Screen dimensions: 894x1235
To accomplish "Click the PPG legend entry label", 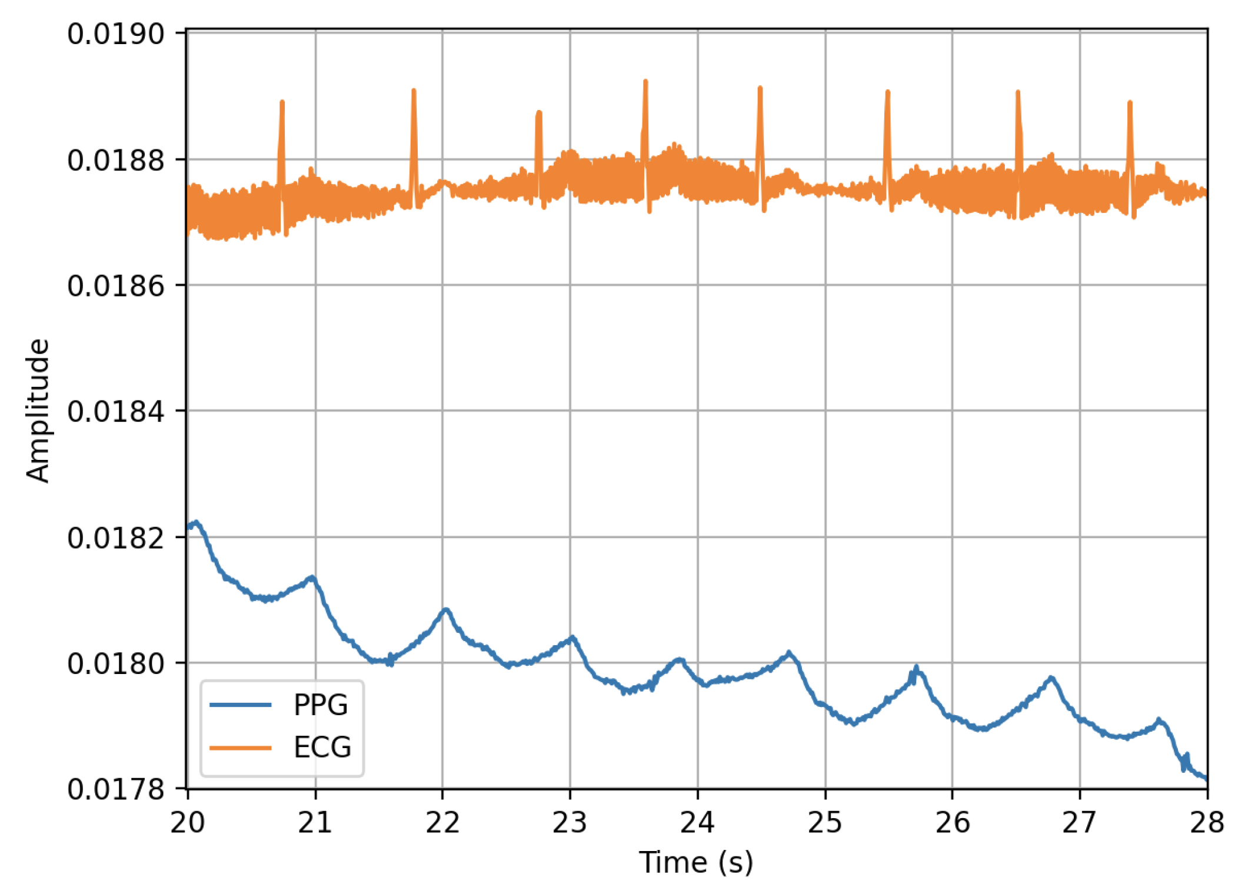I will click(321, 705).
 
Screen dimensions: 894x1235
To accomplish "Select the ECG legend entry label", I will click(322, 748).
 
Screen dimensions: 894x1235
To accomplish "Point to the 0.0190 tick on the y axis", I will click(115, 34).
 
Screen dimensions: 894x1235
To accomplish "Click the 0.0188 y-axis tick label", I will click(115, 160).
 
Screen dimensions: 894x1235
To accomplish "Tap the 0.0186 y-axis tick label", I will click(115, 286).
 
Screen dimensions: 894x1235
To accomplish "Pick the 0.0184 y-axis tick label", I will click(115, 411).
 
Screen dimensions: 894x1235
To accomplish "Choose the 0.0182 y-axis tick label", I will click(115, 538).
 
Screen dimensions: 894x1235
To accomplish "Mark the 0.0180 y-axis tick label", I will click(115, 663).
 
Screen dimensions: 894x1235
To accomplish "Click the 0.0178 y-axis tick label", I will click(115, 789).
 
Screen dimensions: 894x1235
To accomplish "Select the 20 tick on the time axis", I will click(187, 822).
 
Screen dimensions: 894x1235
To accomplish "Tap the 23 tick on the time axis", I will click(570, 822).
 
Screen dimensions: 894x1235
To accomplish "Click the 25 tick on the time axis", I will click(825, 822).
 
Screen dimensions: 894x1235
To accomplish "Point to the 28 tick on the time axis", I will click(1206, 822).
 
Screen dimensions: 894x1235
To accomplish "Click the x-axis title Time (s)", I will click(696, 863).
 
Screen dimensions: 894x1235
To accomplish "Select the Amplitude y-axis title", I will click(38, 411).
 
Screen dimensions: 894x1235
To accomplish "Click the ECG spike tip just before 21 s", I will click(282, 102).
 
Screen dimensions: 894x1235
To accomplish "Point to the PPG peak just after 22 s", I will click(446, 609).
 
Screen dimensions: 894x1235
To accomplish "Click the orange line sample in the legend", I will click(241, 748).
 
